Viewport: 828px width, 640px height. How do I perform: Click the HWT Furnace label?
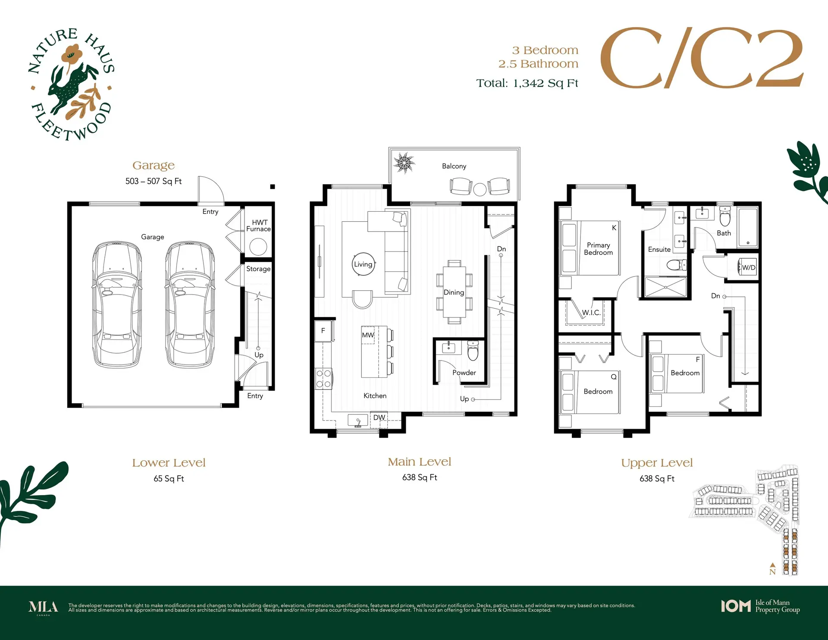(258, 226)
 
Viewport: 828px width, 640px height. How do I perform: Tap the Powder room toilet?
(473, 351)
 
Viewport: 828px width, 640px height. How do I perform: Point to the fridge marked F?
(324, 331)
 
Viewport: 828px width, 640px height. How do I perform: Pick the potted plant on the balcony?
(404, 163)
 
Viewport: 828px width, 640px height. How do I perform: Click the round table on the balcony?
(480, 189)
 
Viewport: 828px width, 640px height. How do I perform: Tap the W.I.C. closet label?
(591, 313)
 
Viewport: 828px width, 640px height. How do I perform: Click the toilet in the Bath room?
(725, 217)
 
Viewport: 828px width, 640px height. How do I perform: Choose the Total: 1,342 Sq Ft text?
(527, 83)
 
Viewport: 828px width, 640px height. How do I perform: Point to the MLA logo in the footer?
(43, 607)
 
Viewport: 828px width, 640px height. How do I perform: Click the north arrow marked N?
(772, 569)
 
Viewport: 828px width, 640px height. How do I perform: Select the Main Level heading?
(420, 462)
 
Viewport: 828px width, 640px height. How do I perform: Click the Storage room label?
(258, 269)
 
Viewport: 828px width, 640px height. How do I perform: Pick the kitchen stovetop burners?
(323, 379)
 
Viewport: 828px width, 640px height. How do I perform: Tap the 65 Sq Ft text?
(169, 479)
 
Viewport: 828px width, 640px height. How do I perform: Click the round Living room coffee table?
(363, 264)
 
